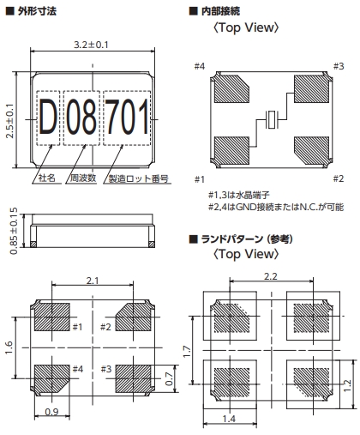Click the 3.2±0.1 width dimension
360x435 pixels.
(x=91, y=45)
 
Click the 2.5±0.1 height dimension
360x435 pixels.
(x=10, y=121)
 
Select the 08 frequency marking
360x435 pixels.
(x=81, y=117)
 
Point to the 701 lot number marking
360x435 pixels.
(x=127, y=117)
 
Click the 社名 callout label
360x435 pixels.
(x=47, y=178)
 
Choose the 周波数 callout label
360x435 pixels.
(x=83, y=178)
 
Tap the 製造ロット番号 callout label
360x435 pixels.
(x=139, y=178)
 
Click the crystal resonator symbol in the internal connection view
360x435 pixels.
(x=271, y=119)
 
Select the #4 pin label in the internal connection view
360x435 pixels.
(x=200, y=66)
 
